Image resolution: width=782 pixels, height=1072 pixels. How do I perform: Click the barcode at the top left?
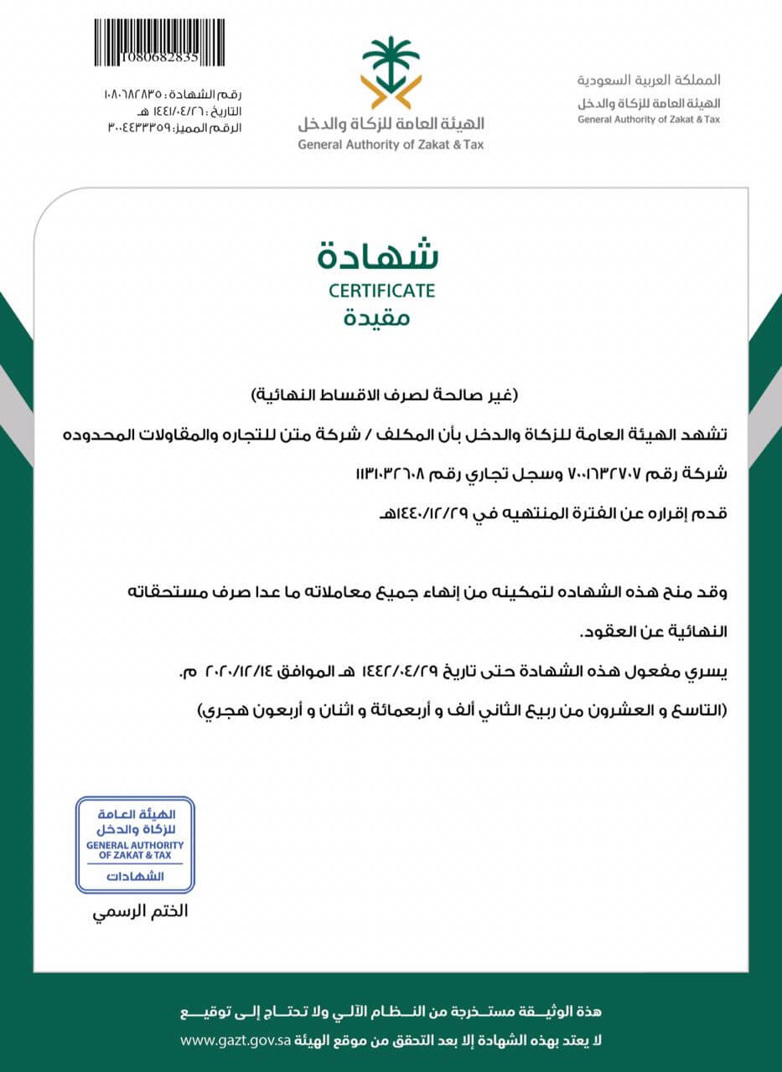158,37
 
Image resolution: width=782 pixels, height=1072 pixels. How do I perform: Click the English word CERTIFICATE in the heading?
381,291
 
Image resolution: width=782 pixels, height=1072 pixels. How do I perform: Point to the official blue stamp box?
135,844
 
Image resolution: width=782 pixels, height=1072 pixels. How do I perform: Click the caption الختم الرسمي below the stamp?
140,910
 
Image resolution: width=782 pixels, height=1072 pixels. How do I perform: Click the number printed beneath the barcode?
158,58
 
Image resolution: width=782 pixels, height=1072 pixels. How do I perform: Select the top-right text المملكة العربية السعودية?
649,81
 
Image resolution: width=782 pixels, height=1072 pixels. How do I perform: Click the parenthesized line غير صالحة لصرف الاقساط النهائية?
386,393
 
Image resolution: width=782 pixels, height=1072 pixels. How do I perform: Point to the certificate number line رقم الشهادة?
173,94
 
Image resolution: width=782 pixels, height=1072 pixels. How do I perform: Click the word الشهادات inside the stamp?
136,877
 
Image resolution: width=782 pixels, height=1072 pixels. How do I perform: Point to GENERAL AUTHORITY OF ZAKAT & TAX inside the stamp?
135,850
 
